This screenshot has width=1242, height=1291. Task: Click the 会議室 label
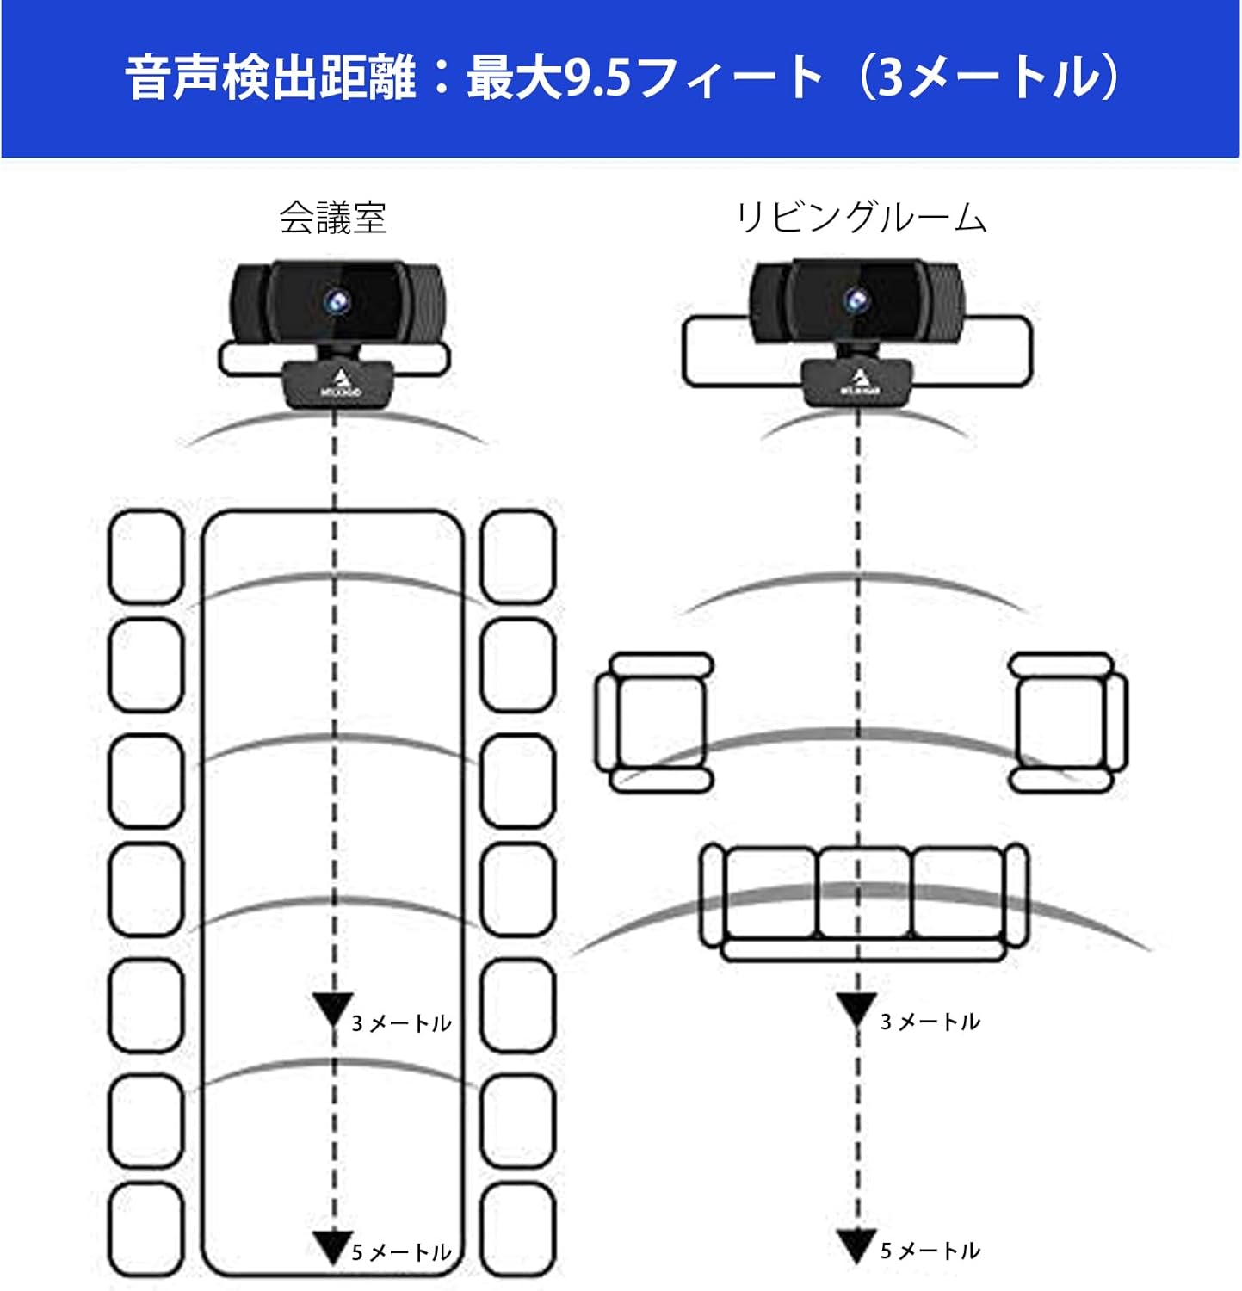332,218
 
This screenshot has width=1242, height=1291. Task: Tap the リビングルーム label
861,218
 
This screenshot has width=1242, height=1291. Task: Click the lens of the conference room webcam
337,301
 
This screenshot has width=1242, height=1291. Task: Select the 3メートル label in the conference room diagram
402,1023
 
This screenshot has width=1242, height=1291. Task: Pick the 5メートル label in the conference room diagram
402,1252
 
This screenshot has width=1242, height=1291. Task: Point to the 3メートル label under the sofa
930,1022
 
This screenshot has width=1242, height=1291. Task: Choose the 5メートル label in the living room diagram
930,1251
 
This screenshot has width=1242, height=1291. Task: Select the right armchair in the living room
1067,721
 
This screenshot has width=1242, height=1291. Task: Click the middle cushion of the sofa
863,893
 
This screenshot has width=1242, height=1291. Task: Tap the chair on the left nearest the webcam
146,557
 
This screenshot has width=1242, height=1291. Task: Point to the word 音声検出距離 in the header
271,77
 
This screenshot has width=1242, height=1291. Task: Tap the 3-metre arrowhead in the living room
856,1008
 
